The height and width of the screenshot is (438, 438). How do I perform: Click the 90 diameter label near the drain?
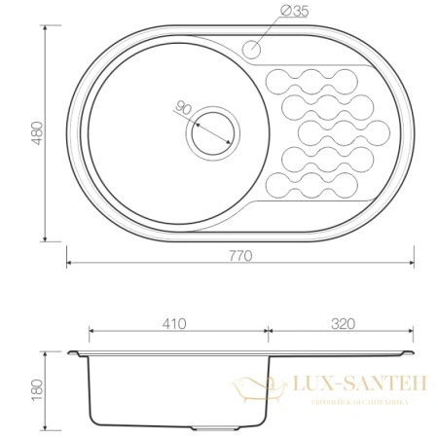pos(182,108)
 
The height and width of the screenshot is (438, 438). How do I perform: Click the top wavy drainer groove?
pos(314,77)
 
